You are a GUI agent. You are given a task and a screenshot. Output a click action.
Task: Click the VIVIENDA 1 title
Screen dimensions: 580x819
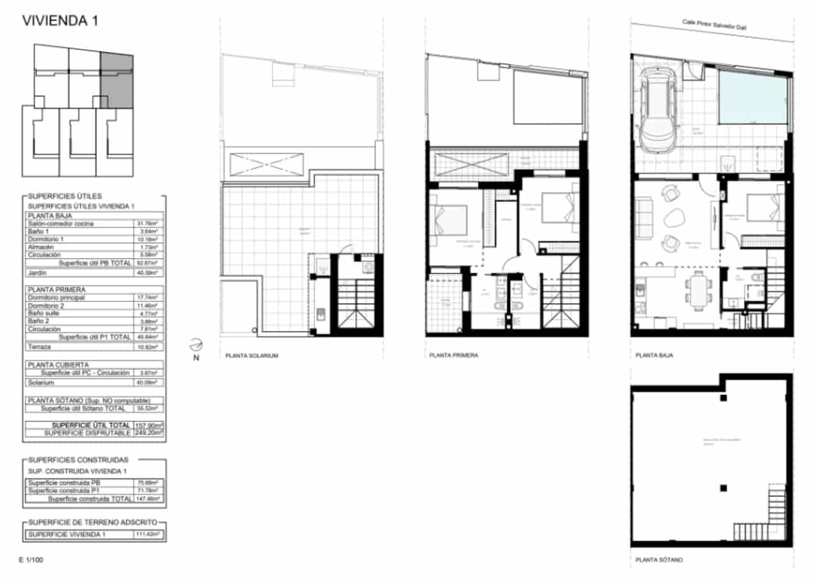[x=60, y=20]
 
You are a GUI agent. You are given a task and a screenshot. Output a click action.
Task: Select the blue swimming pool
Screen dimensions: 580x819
[x=752, y=97]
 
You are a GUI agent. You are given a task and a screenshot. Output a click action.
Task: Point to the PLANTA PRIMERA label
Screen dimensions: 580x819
[x=453, y=355]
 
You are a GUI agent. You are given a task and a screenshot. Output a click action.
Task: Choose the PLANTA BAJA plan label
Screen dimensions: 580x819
[x=653, y=355]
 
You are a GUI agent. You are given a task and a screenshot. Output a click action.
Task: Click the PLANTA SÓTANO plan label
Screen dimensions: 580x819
[x=659, y=560]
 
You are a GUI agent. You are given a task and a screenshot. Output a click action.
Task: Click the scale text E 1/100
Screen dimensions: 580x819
[x=31, y=560]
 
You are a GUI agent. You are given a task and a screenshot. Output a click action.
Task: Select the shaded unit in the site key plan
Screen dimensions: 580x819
[x=116, y=81]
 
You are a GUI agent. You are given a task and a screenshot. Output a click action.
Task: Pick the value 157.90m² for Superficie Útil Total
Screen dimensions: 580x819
[x=148, y=425]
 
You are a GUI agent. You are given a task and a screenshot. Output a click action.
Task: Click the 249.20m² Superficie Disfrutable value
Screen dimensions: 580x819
[x=148, y=433]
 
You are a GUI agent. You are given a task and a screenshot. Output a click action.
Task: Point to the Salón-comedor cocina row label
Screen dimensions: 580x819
[x=60, y=223]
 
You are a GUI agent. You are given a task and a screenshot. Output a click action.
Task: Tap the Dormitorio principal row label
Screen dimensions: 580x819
[x=56, y=298]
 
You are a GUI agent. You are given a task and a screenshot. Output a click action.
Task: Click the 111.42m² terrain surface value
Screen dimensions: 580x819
[x=148, y=534]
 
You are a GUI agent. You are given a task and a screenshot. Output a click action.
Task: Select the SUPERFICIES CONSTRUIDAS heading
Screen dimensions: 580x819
[x=77, y=460]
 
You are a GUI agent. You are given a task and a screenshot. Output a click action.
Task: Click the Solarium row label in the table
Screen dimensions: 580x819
[x=41, y=382]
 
